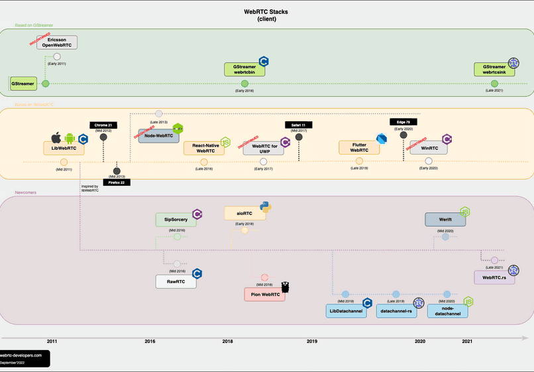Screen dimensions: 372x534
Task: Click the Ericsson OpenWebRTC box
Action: pyautogui.click(x=56, y=42)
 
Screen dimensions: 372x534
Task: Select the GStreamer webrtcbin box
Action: pyautogui.click(x=244, y=70)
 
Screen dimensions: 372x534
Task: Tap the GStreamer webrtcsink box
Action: pyautogui.click(x=494, y=70)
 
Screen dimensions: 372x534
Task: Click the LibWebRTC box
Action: pyautogui.click(x=64, y=148)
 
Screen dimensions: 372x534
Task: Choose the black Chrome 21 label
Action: pyautogui.click(x=103, y=125)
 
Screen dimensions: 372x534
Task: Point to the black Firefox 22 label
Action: pyautogui.click(x=117, y=182)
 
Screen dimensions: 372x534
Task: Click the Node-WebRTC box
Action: pyautogui.click(x=158, y=135)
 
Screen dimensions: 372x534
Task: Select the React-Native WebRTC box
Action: pyautogui.click(x=204, y=148)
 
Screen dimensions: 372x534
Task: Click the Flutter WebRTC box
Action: pyautogui.click(x=359, y=147)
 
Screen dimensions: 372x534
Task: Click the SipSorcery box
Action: pyautogui.click(x=176, y=219)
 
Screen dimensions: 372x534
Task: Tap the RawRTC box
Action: pyautogui.click(x=176, y=281)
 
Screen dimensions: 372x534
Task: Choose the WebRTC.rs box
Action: pyautogui.click(x=494, y=277)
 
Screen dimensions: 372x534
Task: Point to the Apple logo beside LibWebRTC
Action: pyautogui.click(x=56, y=138)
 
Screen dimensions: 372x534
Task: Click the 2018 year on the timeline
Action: pyautogui.click(x=227, y=341)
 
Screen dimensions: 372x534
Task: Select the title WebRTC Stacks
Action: pyautogui.click(x=266, y=12)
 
